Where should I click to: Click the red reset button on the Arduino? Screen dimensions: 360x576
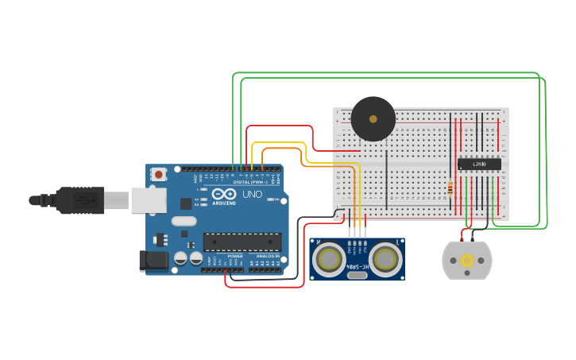[x=159, y=173]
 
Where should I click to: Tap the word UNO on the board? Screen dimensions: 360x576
[x=252, y=195]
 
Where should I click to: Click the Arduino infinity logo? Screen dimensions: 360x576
[x=224, y=194]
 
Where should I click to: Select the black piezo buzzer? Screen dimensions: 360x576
[x=373, y=118]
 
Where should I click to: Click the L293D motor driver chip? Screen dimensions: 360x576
[x=479, y=164]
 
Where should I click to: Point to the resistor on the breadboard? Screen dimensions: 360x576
[x=450, y=188]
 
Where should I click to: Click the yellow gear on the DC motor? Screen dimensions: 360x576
[x=467, y=260]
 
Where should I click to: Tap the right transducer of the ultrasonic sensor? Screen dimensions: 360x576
[x=385, y=258]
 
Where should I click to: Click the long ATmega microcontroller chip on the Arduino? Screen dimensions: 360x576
[x=242, y=242]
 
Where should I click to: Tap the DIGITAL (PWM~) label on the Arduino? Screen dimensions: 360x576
[x=250, y=182]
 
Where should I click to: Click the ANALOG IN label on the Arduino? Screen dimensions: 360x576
[x=267, y=256]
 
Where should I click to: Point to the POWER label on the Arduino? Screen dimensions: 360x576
[x=235, y=256]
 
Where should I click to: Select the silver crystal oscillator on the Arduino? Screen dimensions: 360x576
[x=182, y=222]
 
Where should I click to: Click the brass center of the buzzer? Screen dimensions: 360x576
[x=373, y=118]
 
